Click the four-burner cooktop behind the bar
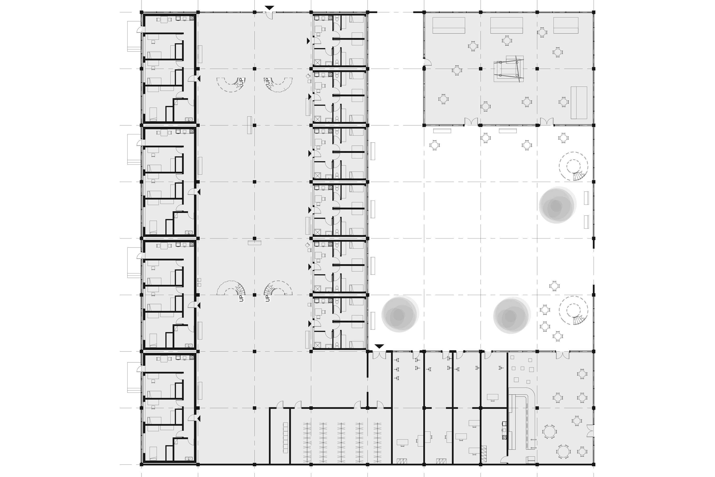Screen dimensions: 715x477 pos(504,437)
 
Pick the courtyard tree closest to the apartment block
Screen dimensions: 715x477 pos(399,314)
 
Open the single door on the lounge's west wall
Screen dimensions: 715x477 pos(427,62)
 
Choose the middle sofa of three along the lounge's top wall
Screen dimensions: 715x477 pos(506,25)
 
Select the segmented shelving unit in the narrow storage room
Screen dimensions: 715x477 pos(285,437)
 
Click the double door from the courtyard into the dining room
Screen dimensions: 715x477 pos(562,355)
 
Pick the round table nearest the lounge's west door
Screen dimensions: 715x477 pos(457,71)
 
